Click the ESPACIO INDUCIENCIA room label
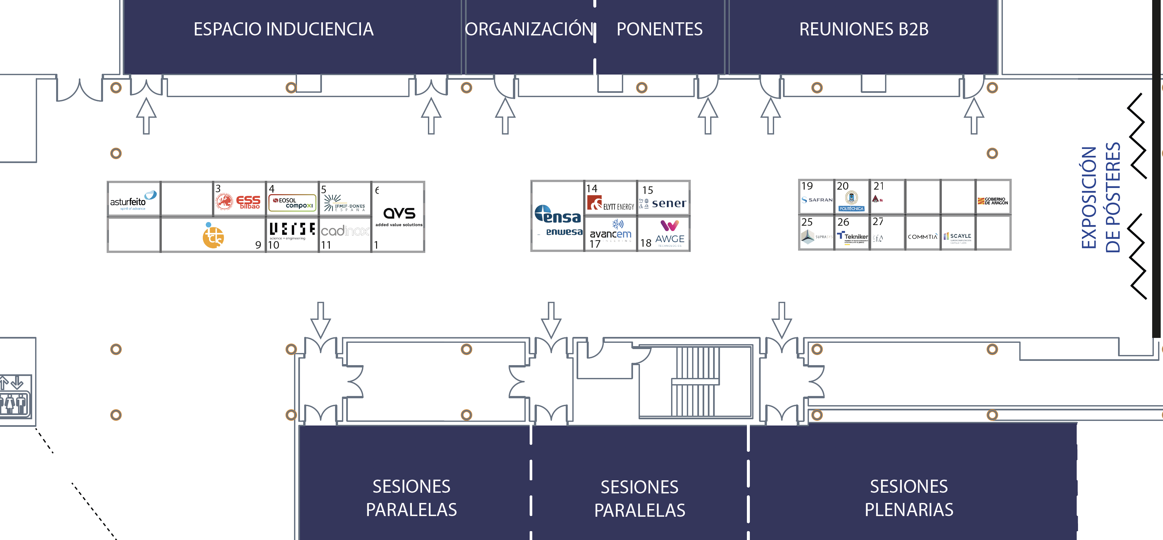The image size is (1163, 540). click(284, 29)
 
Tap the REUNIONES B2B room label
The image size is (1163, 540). click(863, 29)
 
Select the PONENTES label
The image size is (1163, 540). click(659, 29)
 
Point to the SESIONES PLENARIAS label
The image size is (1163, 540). click(908, 498)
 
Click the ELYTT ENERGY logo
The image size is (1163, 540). click(610, 203)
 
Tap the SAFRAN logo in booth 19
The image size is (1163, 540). click(817, 199)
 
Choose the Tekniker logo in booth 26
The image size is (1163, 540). click(852, 236)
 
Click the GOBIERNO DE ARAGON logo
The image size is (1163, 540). click(993, 201)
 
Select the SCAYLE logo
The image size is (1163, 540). click(958, 236)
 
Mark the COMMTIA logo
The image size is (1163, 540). click(922, 237)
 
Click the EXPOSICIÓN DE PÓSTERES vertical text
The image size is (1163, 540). click(1101, 197)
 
